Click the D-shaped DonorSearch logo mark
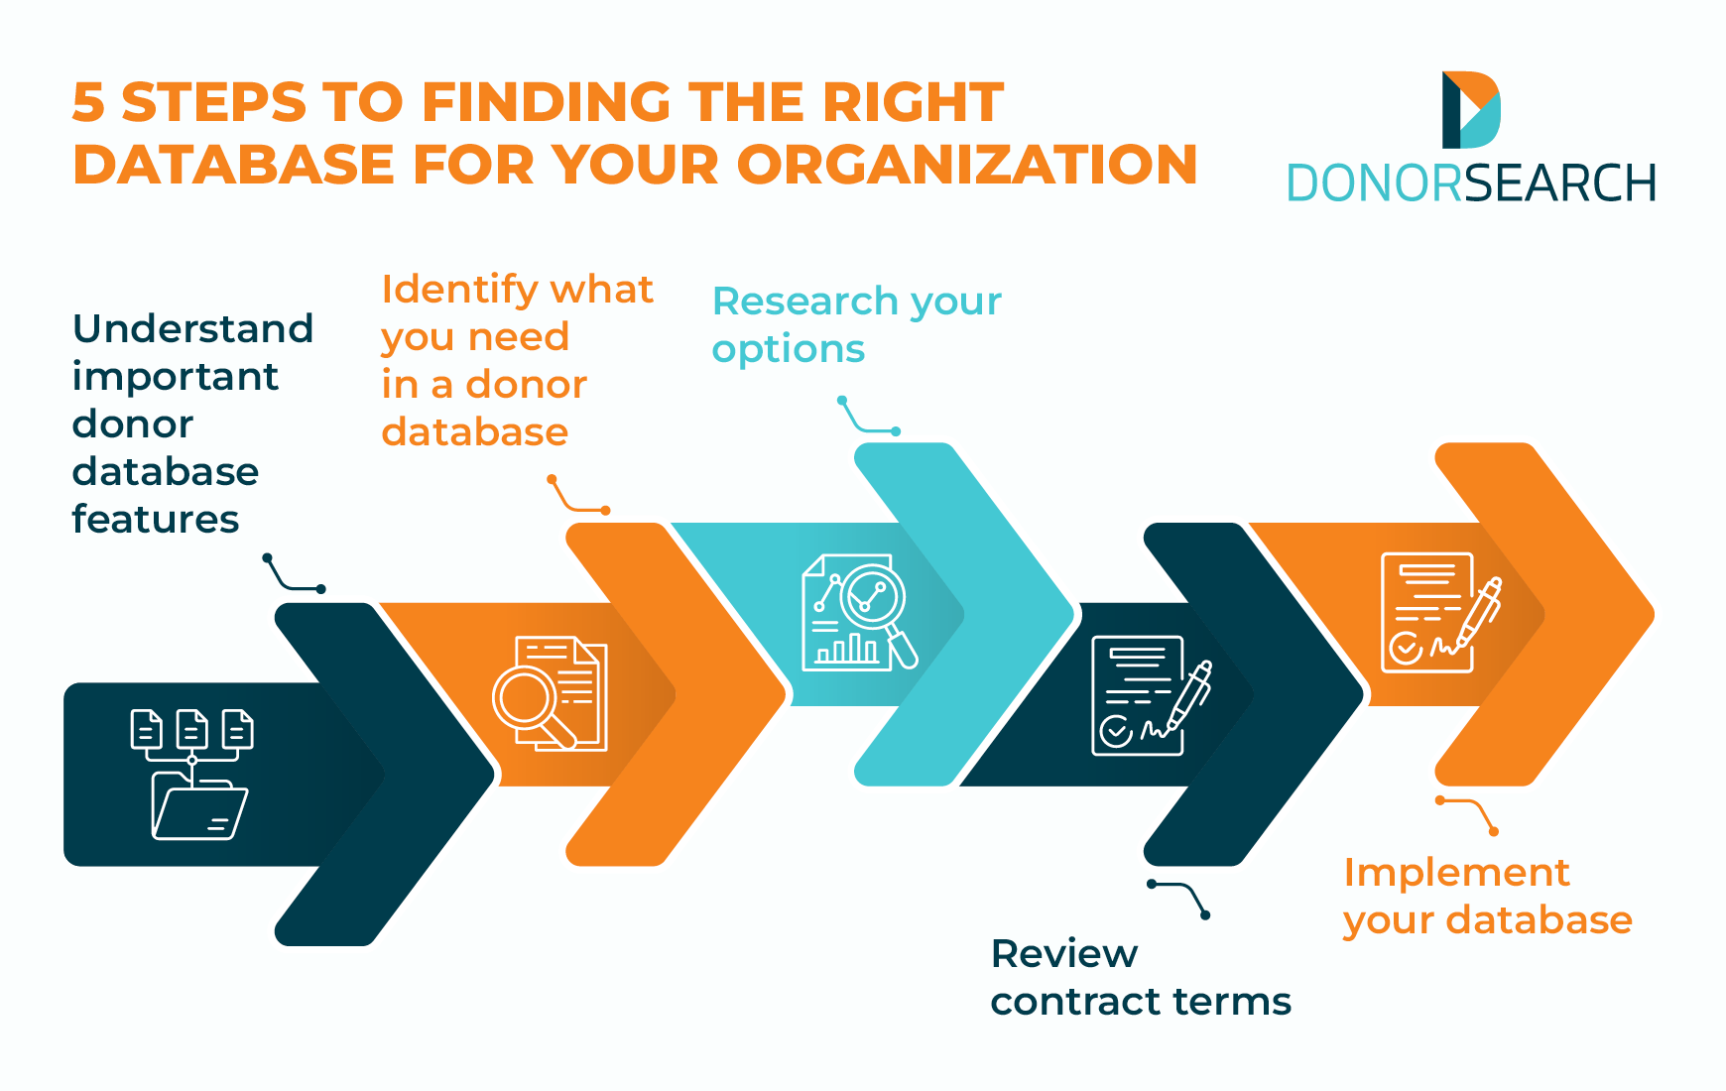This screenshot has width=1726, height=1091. tap(1470, 109)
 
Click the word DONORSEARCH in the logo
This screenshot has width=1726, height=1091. tap(1470, 183)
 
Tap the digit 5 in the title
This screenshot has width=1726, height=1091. tap(88, 103)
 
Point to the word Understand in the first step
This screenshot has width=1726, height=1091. tap(192, 329)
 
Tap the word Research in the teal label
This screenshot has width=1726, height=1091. tap(804, 302)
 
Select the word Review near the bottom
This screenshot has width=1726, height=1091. tap(1063, 954)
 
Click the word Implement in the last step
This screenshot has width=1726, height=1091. tap(1456, 873)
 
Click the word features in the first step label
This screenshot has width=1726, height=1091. tap(155, 520)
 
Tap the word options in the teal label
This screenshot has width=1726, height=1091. tap(788, 350)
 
